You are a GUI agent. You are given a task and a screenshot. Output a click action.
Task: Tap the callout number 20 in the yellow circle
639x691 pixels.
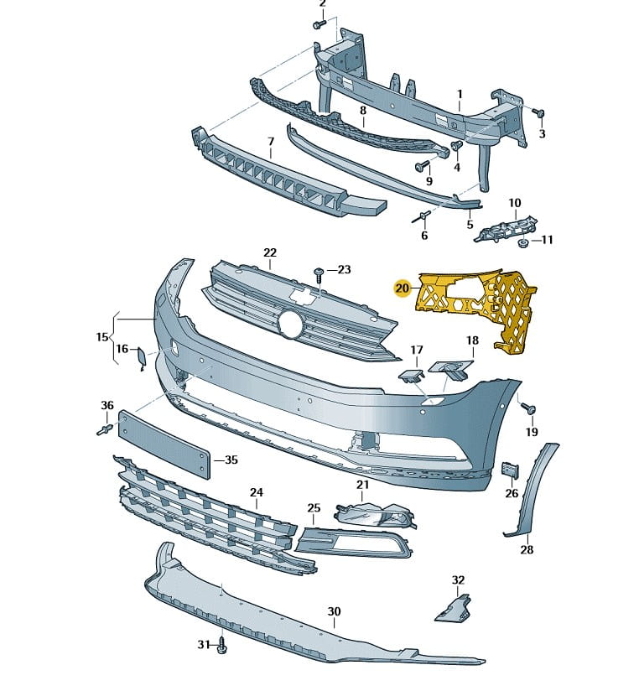click(x=403, y=288)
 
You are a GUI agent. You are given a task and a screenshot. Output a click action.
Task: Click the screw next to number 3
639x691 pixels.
click(x=538, y=112)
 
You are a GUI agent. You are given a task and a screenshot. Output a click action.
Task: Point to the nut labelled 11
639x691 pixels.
click(x=521, y=243)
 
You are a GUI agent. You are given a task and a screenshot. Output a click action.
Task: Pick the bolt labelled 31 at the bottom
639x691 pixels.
click(x=221, y=645)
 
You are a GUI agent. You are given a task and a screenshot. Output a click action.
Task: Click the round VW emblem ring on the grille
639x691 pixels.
click(x=291, y=324)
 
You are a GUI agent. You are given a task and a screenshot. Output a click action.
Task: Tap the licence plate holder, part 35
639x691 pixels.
click(x=164, y=444)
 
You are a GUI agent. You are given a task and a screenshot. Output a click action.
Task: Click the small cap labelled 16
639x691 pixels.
click(x=141, y=360)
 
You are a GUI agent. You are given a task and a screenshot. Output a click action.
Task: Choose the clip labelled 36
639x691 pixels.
click(x=104, y=429)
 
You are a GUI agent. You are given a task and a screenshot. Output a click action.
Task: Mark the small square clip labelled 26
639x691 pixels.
click(x=509, y=470)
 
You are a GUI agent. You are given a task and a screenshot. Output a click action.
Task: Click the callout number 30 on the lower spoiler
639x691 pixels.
click(x=334, y=612)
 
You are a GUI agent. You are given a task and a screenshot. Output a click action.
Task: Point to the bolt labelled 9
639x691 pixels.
click(x=423, y=165)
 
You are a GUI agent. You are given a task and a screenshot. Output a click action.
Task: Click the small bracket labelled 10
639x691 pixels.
click(x=506, y=229)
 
